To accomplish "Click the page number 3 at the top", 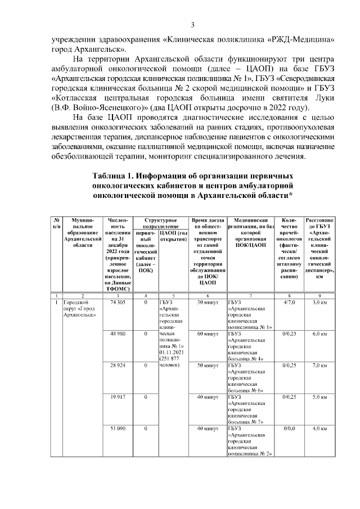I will pos(192,25).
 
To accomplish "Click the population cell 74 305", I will pos(118,303).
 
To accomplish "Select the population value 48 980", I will pos(118,334).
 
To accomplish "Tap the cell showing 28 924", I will pos(118,365).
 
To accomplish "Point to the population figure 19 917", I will pos(118,397).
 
